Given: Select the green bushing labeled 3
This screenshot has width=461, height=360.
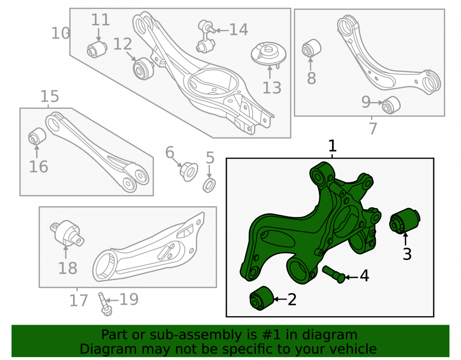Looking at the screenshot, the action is point(405,221).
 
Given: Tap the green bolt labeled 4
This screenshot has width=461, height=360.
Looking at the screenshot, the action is point(334,274).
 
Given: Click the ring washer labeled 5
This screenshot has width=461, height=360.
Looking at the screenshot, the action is point(209,185).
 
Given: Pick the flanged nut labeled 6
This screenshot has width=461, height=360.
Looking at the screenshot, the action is point(189,172).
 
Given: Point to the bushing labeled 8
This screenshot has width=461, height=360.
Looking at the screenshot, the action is point(311,47).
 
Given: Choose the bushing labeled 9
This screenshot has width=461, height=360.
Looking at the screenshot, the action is point(391,104).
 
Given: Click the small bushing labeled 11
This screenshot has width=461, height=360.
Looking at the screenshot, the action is point(97,49).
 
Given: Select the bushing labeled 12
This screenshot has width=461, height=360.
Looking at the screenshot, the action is point(143,69).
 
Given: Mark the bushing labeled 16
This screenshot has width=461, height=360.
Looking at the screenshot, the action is point(37,136).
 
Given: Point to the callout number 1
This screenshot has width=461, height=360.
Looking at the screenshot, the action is point(332,146).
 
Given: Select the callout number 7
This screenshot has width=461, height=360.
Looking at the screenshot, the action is point(373,128).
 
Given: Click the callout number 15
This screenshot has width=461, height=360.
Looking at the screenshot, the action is point(49,96).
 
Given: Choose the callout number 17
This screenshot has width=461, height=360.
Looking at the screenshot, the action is point(78,301).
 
